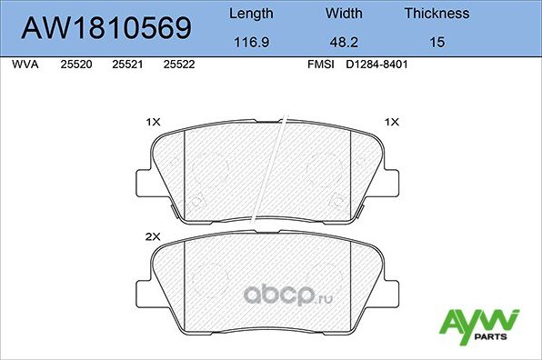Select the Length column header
tap(250, 14)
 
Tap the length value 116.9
tap(250, 43)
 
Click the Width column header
tap(344, 14)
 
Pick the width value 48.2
tap(344, 43)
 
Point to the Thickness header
tap(437, 14)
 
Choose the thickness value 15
tap(437, 43)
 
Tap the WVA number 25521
tap(125, 66)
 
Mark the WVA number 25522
tap(177, 66)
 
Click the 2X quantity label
tap(153, 235)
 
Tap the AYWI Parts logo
tap(479, 325)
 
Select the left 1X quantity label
tap(153, 121)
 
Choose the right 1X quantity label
tap(392, 121)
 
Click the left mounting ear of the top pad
tap(143, 181)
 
